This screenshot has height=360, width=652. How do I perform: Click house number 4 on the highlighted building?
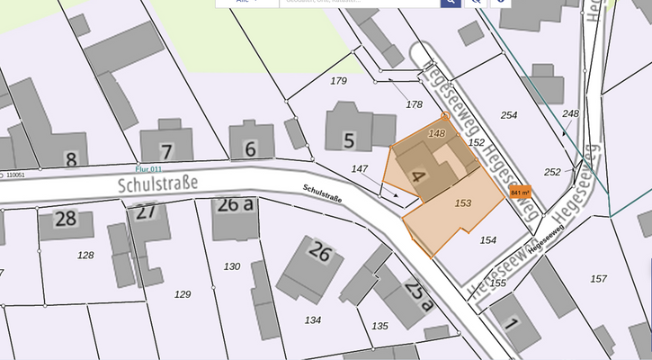(416, 175)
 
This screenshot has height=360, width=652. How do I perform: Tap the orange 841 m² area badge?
(521, 192)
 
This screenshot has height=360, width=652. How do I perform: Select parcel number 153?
(463, 203)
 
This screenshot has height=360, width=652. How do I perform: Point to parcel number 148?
(437, 133)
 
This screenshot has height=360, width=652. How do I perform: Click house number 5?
(348, 139)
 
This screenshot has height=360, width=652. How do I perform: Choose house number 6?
(250, 148)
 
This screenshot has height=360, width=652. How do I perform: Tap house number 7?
(166, 150)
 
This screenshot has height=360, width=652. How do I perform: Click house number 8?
(71, 160)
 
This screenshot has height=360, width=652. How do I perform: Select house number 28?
(65, 218)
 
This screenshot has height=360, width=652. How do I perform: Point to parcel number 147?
(360, 168)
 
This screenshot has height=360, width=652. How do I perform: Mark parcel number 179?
(338, 81)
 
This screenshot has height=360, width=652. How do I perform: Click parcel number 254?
(509, 115)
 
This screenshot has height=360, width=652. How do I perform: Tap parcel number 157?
(598, 278)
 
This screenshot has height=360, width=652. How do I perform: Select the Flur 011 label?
(147, 168)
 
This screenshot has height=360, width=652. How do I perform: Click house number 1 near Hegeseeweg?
(512, 322)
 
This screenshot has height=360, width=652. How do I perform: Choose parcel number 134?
(313, 319)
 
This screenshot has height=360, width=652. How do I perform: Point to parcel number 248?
(570, 113)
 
